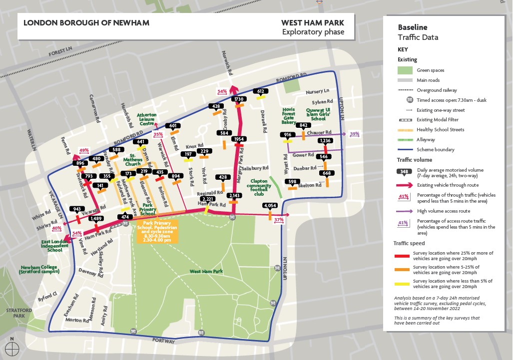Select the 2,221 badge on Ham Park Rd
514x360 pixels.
pos(208,199)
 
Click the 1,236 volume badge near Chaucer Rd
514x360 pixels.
pos(325,141)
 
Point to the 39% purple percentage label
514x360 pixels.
pos(355,134)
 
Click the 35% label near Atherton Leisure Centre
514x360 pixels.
pos(158,134)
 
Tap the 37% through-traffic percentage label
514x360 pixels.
pos(279,220)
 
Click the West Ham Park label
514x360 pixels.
pos(206,272)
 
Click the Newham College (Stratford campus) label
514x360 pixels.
pos(39,270)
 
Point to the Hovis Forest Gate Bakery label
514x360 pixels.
pos(289,116)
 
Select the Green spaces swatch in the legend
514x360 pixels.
pos(405,70)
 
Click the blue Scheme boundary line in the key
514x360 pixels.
pos(405,149)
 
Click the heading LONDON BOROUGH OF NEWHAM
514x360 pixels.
pos(86,23)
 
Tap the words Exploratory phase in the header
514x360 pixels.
pos(313,32)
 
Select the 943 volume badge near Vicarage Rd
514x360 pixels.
pos(77,209)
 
